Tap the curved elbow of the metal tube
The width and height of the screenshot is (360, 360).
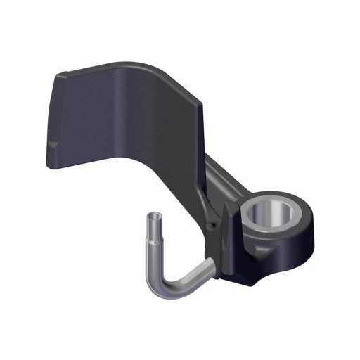tap(160, 289)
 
